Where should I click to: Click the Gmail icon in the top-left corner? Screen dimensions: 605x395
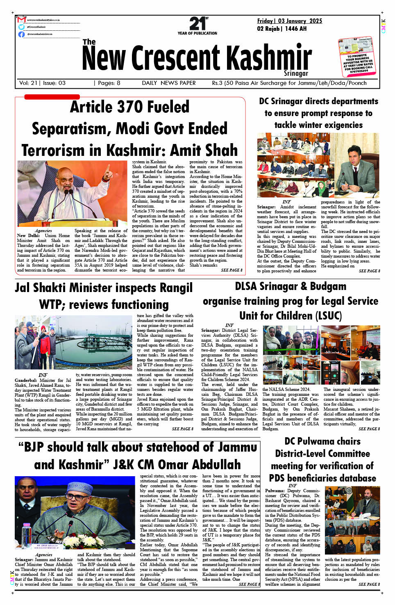22,20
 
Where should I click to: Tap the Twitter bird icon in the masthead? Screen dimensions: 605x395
21,27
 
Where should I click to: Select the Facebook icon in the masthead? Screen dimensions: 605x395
21,34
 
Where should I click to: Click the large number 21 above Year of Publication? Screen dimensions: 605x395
197,24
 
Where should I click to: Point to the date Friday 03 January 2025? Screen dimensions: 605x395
289,21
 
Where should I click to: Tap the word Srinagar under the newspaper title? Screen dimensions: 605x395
296,73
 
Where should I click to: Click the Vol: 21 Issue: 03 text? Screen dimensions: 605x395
42,83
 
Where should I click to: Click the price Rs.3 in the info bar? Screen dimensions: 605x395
217,83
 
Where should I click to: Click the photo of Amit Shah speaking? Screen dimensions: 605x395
73,194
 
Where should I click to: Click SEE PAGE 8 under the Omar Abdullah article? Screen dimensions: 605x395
249,584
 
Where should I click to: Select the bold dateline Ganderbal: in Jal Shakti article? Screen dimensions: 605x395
26,380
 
